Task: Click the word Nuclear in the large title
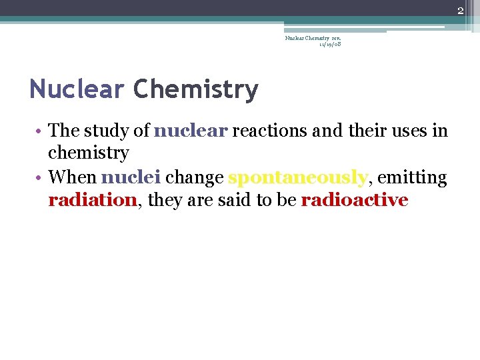77,89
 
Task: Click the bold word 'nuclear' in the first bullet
191,130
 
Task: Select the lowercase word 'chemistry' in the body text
88,153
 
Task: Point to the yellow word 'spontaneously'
297,178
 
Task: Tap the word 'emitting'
412,177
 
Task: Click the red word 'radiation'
92,200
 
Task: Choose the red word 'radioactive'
354,200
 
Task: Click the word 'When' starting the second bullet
73,177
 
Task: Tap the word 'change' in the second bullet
194,178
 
